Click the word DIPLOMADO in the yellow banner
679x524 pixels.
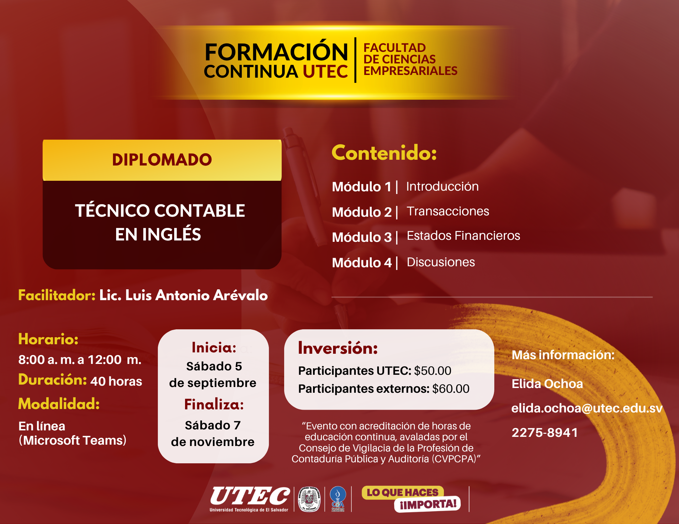click(162, 160)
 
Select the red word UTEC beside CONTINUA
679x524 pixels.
click(325, 72)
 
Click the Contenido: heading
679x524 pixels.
click(384, 153)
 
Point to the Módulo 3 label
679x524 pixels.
click(362, 237)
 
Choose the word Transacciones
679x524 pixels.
click(448, 211)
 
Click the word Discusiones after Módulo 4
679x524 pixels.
click(441, 262)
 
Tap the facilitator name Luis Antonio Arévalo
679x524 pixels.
click(197, 295)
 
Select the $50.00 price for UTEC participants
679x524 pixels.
click(433, 371)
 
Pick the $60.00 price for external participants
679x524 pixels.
click(451, 389)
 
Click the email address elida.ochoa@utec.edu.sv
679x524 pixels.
click(587, 408)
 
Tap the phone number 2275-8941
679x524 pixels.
click(545, 432)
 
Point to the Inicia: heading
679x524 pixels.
click(214, 348)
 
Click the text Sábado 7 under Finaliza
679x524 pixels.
click(213, 425)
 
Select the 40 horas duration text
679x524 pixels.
click(116, 381)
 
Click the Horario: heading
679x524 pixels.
click(48, 339)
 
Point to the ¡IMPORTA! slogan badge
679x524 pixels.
click(427, 504)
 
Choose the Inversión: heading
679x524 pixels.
click(338, 348)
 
